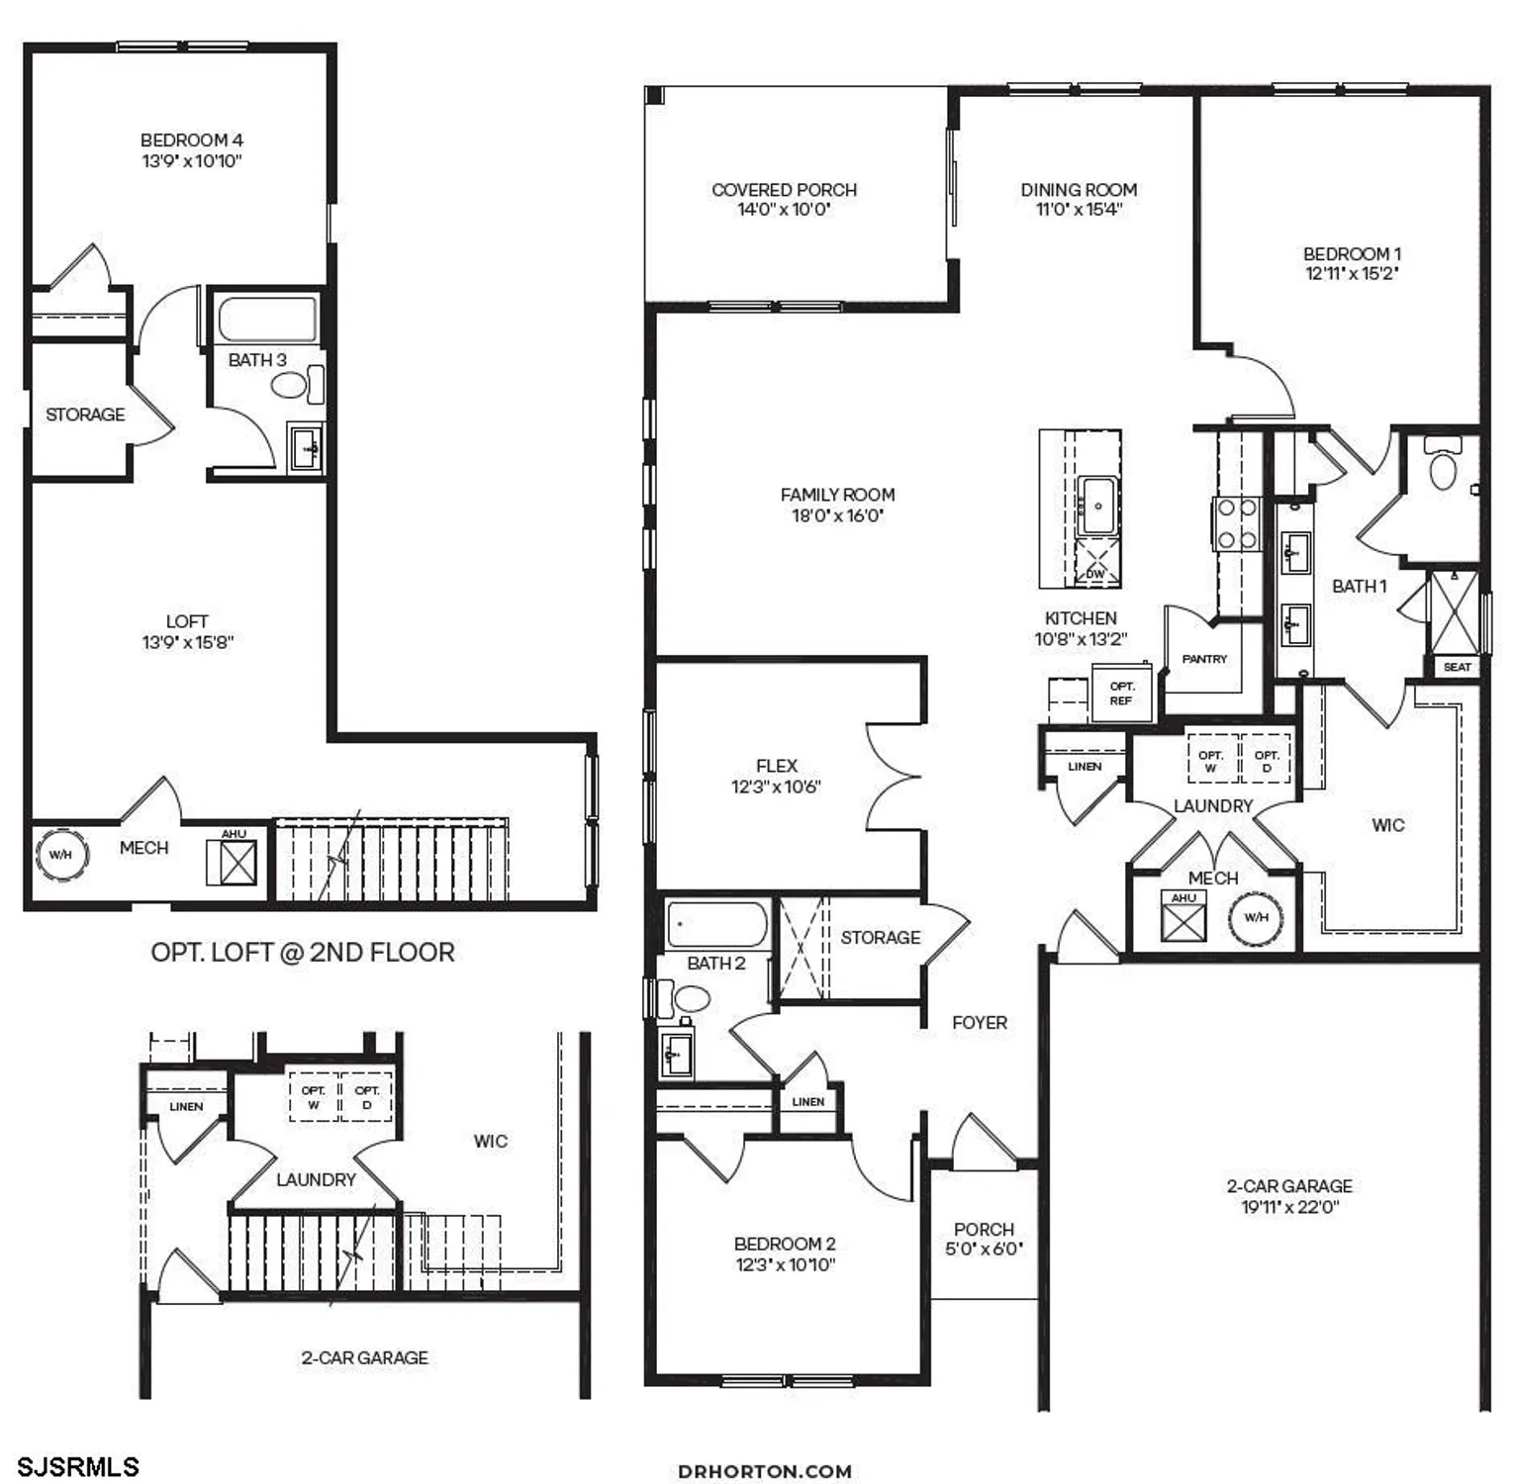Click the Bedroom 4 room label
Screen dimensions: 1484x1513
[191, 140]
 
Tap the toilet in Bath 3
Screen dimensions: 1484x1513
[290, 384]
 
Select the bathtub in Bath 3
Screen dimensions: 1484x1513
[266, 319]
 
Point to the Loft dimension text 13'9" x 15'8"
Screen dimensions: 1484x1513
[187, 642]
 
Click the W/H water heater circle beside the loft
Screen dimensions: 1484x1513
[60, 854]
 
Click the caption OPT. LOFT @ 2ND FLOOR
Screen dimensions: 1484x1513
[303, 952]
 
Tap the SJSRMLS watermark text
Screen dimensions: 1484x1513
[78, 1465]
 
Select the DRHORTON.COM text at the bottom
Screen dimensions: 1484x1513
[765, 1471]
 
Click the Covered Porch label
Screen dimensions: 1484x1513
[784, 189]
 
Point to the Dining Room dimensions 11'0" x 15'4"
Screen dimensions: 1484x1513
[1079, 209]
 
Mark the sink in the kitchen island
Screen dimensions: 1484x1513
[1097, 506]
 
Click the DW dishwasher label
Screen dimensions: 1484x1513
[1095, 574]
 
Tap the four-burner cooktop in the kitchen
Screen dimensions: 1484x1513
[1236, 524]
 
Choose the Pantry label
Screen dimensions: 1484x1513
[1204, 659]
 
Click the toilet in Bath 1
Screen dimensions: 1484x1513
[1444, 467]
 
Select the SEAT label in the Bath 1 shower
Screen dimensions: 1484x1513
[1457, 667]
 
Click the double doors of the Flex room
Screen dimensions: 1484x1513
[895, 776]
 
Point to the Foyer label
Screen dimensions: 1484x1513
[980, 1022]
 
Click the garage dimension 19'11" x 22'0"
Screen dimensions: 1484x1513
[1289, 1207]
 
